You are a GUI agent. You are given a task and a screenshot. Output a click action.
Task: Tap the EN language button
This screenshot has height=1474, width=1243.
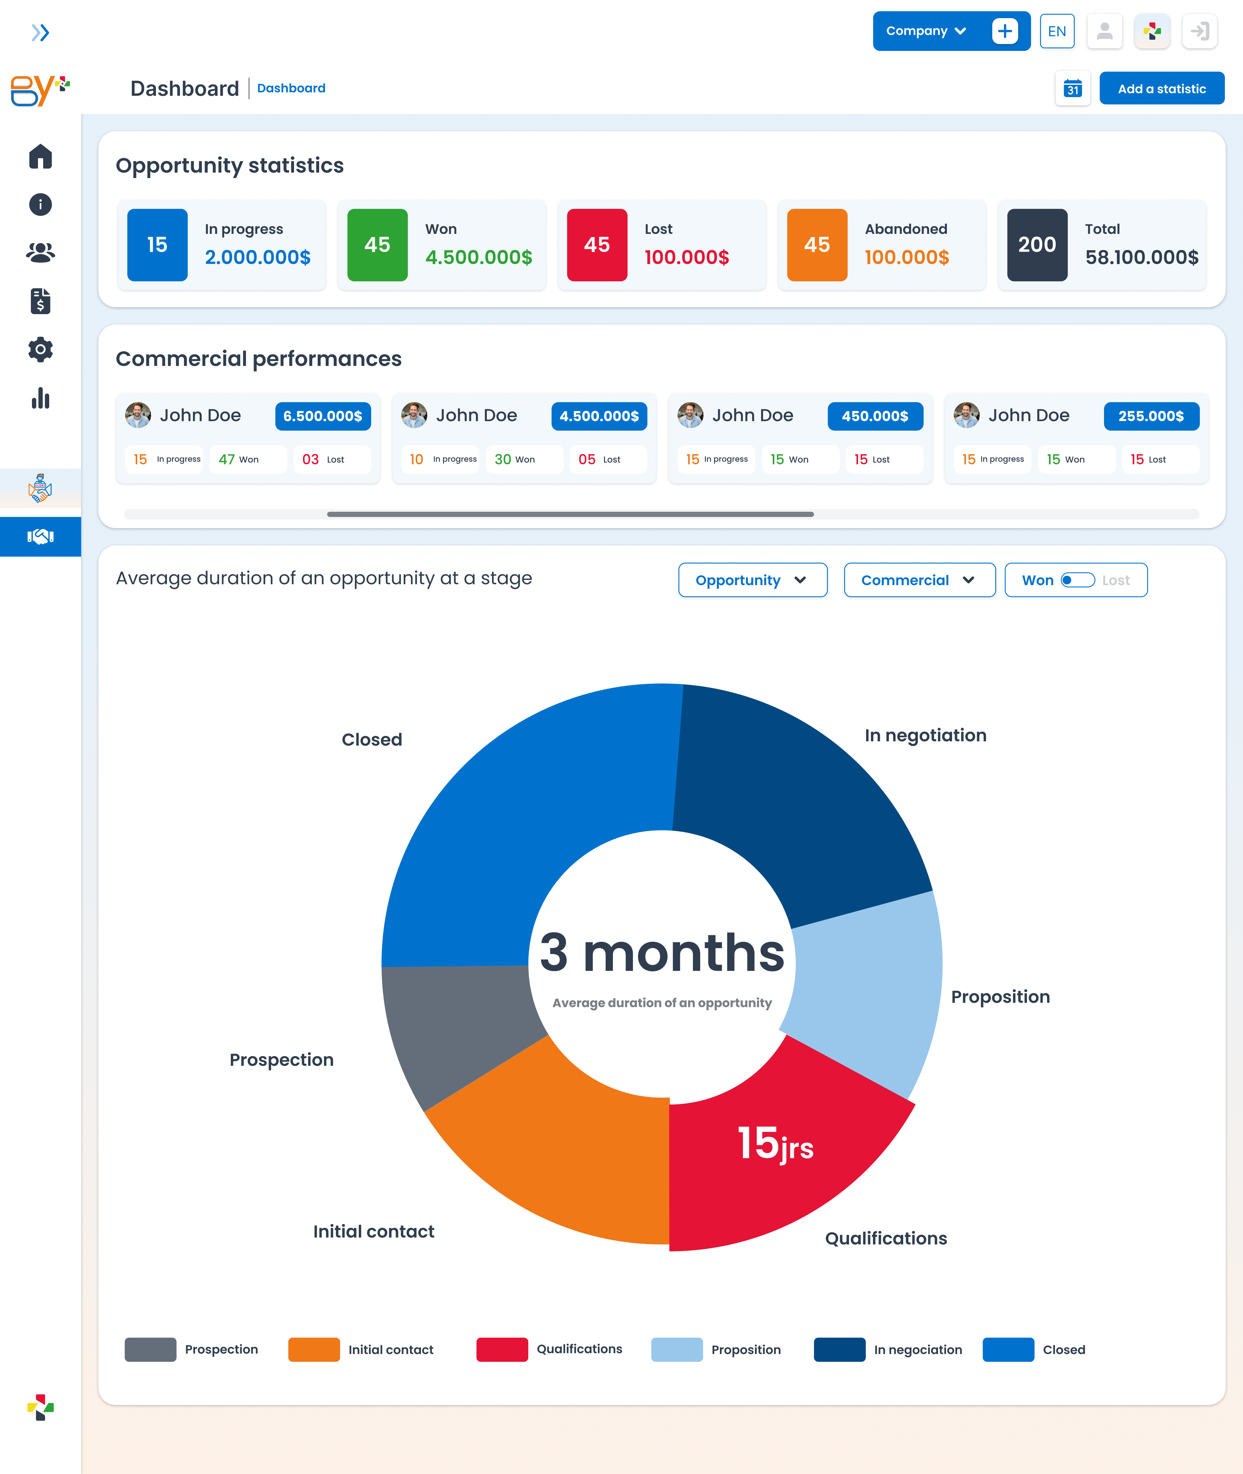point(1057,31)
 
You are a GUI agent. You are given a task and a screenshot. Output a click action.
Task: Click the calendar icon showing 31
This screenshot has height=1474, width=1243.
point(1072,88)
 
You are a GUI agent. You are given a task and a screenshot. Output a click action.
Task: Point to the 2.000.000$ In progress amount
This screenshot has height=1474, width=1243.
point(258,257)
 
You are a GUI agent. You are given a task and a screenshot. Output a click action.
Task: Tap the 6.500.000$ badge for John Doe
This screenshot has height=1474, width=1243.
point(323,416)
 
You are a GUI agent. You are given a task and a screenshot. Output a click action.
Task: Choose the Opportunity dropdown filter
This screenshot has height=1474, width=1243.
point(753,580)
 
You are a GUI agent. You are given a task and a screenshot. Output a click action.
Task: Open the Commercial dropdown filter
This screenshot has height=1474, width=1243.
point(920,580)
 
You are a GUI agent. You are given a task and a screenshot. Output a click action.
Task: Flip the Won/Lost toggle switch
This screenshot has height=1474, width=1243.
point(1077,580)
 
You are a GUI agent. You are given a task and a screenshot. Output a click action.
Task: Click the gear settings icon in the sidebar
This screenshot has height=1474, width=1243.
point(40,350)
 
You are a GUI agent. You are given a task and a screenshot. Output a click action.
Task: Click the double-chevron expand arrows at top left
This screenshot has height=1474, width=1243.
point(40,33)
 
